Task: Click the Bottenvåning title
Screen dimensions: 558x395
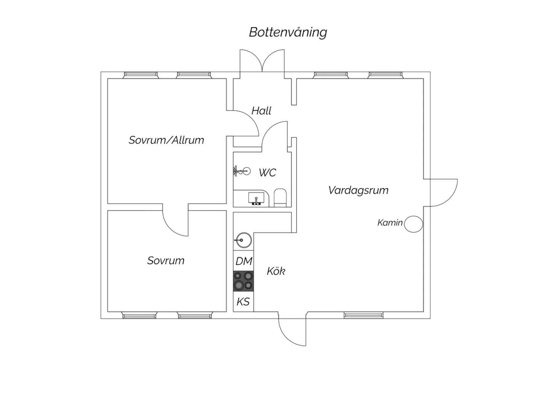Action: point(288,32)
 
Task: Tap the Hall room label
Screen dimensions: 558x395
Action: point(261,111)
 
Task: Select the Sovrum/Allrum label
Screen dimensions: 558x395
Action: point(166,140)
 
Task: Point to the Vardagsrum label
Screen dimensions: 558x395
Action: point(358,190)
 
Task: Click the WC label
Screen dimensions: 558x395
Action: point(267,173)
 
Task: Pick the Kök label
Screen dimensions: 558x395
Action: point(276,271)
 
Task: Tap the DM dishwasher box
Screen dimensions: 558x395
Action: point(243,261)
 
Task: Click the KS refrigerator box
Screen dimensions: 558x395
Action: point(243,302)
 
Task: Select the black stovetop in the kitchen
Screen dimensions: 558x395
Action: point(243,281)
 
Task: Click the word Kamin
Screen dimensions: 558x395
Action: point(390,222)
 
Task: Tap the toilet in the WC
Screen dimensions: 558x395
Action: point(280,197)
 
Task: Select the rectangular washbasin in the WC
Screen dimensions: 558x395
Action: point(256,199)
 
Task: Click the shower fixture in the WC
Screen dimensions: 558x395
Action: point(241,171)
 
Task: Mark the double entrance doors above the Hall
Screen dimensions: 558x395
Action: point(262,61)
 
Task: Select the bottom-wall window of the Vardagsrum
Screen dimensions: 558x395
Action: point(363,315)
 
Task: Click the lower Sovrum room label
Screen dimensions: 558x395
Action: point(166,260)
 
